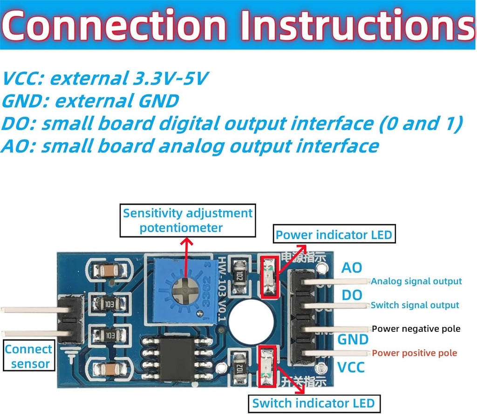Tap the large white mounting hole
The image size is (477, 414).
(251, 322)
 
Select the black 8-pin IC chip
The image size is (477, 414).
(177, 359)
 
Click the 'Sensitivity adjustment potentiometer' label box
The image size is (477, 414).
(188, 221)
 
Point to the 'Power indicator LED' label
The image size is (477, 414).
(334, 235)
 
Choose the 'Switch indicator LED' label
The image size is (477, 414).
(314, 403)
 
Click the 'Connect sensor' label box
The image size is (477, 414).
(28, 356)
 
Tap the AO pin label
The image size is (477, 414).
(352, 268)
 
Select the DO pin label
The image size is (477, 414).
(352, 295)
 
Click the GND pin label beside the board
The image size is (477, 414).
(353, 339)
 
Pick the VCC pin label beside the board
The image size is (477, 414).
(351, 367)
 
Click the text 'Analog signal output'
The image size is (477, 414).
(416, 281)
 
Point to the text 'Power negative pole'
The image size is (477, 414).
(416, 329)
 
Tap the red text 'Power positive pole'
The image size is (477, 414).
(414, 353)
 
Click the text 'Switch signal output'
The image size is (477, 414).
(415, 305)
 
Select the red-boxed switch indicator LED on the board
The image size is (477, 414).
(267, 366)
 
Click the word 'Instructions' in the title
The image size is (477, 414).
(357, 25)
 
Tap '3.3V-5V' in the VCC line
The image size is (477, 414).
(170, 78)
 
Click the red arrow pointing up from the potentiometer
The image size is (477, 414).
(186, 257)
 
